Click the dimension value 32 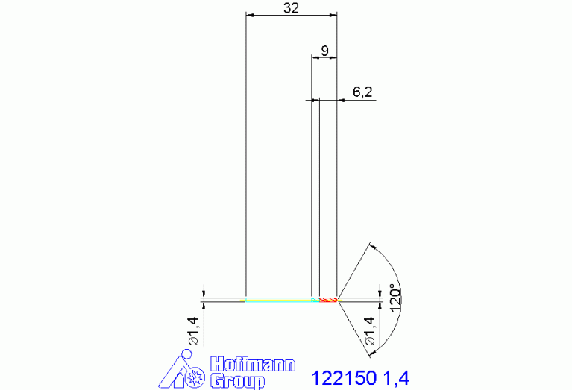click(x=291, y=7)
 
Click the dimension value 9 click(x=324, y=51)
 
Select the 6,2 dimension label click(x=362, y=92)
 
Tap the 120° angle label click(x=396, y=298)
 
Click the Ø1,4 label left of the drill click(x=193, y=331)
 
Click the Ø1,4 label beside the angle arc click(x=370, y=331)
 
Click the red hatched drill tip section click(x=328, y=300)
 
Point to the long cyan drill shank click(x=279, y=300)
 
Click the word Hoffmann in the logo click(x=253, y=364)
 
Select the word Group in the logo click(x=237, y=381)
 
